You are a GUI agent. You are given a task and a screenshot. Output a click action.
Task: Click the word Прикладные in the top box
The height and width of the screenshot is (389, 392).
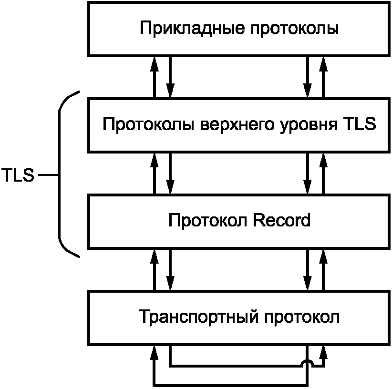[193, 29]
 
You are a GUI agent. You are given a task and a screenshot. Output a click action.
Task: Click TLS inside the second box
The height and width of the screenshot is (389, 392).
[360, 123]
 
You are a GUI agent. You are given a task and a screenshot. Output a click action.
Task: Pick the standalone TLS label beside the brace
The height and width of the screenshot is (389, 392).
[18, 175]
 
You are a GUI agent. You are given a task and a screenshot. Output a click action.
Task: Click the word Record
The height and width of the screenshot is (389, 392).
[282, 220]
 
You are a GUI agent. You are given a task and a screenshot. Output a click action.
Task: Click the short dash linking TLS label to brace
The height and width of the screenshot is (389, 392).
[49, 175]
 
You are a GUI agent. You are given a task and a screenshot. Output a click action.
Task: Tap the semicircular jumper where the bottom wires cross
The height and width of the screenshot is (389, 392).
[308, 364]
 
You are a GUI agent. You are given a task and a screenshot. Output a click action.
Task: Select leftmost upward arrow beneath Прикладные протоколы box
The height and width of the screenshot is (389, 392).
[155, 77]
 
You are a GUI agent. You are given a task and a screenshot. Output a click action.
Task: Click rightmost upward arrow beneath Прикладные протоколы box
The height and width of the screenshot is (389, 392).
[323, 77]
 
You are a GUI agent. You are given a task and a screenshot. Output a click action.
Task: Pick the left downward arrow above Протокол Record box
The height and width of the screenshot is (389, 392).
[170, 174]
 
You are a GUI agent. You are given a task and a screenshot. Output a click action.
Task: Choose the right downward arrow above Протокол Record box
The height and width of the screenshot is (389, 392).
[308, 174]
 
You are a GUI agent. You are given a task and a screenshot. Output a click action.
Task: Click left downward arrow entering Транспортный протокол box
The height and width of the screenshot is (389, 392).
[170, 270]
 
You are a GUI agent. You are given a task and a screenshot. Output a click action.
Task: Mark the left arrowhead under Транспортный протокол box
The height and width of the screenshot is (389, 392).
[155, 353]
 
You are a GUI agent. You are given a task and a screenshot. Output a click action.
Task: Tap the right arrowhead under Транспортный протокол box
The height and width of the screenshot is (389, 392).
[323, 353]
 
